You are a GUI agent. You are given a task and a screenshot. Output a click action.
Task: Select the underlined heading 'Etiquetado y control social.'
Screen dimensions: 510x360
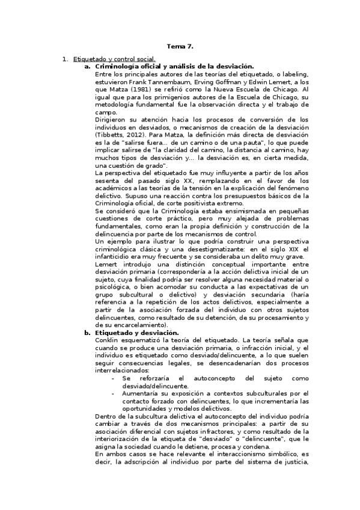[114, 59]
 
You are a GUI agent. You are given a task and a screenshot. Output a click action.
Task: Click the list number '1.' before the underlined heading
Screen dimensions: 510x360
[66, 59]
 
